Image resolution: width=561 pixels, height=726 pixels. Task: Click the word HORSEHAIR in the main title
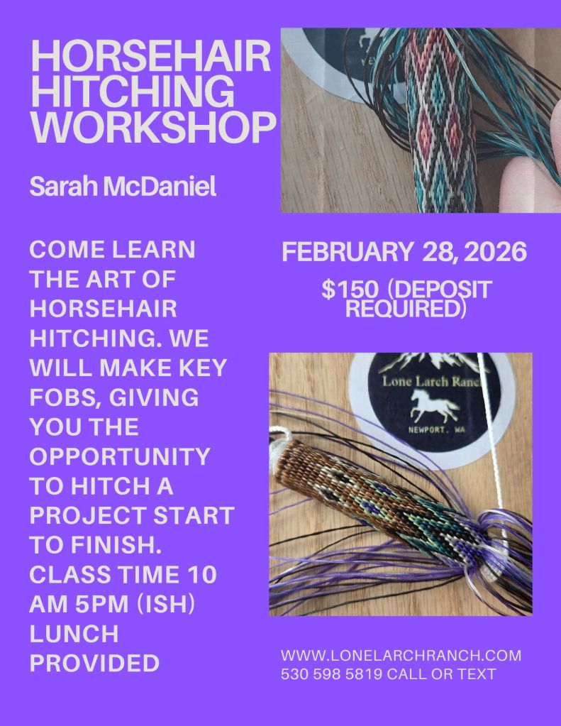pos(151,55)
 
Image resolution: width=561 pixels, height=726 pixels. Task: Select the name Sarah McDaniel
pos(123,186)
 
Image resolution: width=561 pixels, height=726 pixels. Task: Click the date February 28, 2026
pos(404,252)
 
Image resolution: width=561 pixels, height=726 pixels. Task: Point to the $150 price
pos(350,290)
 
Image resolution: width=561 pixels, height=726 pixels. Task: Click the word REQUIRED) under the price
pos(406,309)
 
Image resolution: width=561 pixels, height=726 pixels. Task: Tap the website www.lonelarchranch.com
pos(401,655)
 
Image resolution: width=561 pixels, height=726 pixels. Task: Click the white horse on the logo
pos(434,405)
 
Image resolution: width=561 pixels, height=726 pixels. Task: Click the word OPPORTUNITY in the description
pos(120,456)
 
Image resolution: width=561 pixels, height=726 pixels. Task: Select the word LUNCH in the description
pos(74,634)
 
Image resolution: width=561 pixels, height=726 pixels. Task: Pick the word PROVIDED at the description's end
pos(94,663)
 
